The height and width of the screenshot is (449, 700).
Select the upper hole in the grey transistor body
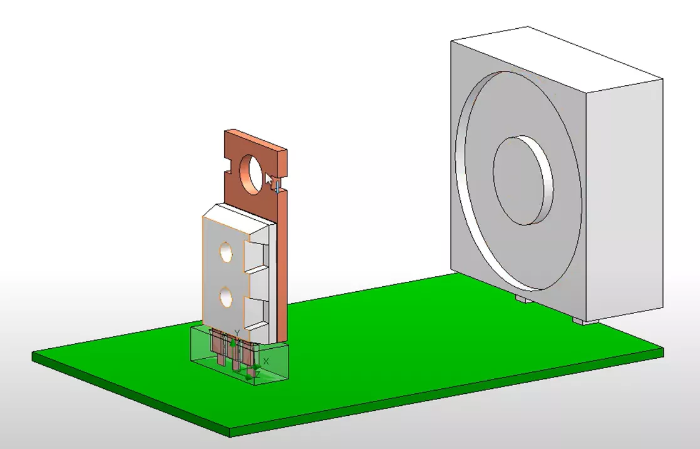click(225, 252)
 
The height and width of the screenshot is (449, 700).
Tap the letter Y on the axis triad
click(237, 333)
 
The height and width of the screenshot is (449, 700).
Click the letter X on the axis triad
click(266, 361)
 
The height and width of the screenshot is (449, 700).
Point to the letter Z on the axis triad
click(257, 374)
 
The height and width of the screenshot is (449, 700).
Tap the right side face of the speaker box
click(626, 194)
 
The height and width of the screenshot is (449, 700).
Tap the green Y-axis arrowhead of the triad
click(233, 343)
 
